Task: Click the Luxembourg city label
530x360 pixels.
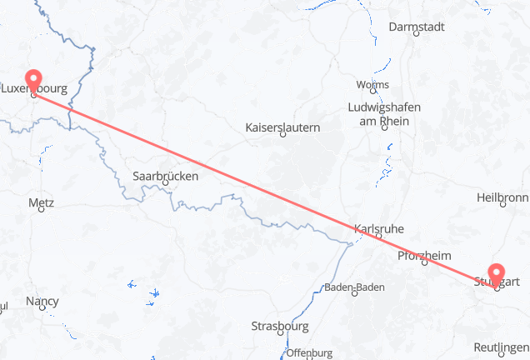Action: pyautogui.click(x=35, y=87)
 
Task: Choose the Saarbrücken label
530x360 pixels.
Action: pyautogui.click(x=166, y=176)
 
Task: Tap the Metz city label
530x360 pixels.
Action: pyautogui.click(x=41, y=202)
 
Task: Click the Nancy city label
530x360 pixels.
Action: pyautogui.click(x=42, y=300)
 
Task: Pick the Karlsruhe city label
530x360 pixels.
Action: pyautogui.click(x=379, y=227)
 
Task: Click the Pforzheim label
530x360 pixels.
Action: pyautogui.click(x=425, y=255)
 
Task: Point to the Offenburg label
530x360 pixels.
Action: pyautogui.click(x=310, y=352)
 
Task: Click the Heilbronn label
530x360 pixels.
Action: pyautogui.click(x=502, y=197)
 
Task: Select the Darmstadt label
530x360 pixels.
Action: pyautogui.click(x=417, y=27)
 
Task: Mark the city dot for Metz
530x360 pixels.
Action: pyautogui.click(x=41, y=210)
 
